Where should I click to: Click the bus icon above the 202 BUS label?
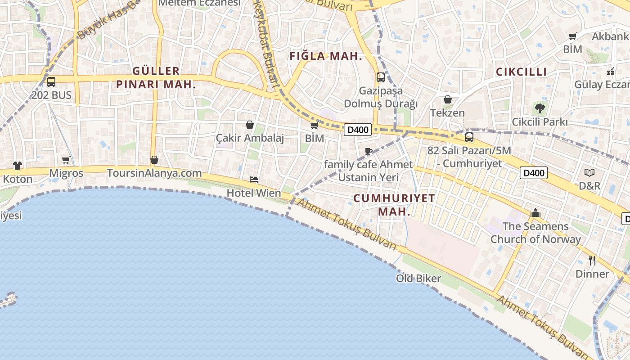51,82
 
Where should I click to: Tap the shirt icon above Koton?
18,166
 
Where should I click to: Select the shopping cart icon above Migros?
66,160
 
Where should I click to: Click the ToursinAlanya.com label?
154,173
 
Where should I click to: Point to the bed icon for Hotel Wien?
254,180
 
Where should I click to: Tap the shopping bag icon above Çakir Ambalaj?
250,125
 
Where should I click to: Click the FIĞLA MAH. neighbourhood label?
326,56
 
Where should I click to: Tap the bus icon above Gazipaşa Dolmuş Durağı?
381,77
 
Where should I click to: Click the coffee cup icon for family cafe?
369,151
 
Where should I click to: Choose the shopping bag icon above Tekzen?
448,99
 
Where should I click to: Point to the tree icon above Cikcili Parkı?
540,108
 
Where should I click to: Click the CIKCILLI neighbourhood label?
521,72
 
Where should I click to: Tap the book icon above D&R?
589,172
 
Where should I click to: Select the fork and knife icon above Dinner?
592,260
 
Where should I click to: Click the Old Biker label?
418,279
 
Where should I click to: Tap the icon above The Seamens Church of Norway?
535,213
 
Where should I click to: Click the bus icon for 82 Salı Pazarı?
469,137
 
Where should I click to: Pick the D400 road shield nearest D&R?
534,173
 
